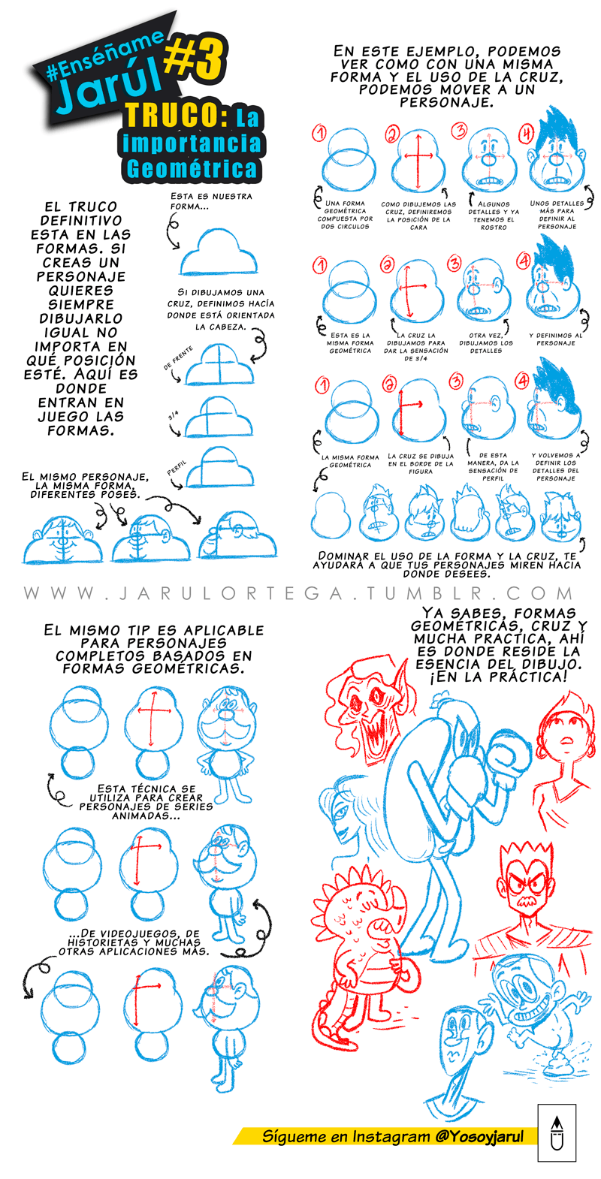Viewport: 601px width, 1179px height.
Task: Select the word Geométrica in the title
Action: coord(192,169)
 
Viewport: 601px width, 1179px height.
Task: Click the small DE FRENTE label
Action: coord(178,357)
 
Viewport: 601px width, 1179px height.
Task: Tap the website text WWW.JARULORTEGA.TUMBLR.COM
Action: coord(299,593)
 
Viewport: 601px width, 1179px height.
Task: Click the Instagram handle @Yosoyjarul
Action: coord(479,1136)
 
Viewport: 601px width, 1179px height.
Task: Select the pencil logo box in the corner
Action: coord(557,1140)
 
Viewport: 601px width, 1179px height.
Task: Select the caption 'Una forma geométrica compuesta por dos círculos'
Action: coord(345,215)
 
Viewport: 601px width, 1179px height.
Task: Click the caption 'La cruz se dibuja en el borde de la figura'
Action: coord(421,463)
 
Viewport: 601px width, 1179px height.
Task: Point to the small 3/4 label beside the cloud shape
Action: coord(173,415)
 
